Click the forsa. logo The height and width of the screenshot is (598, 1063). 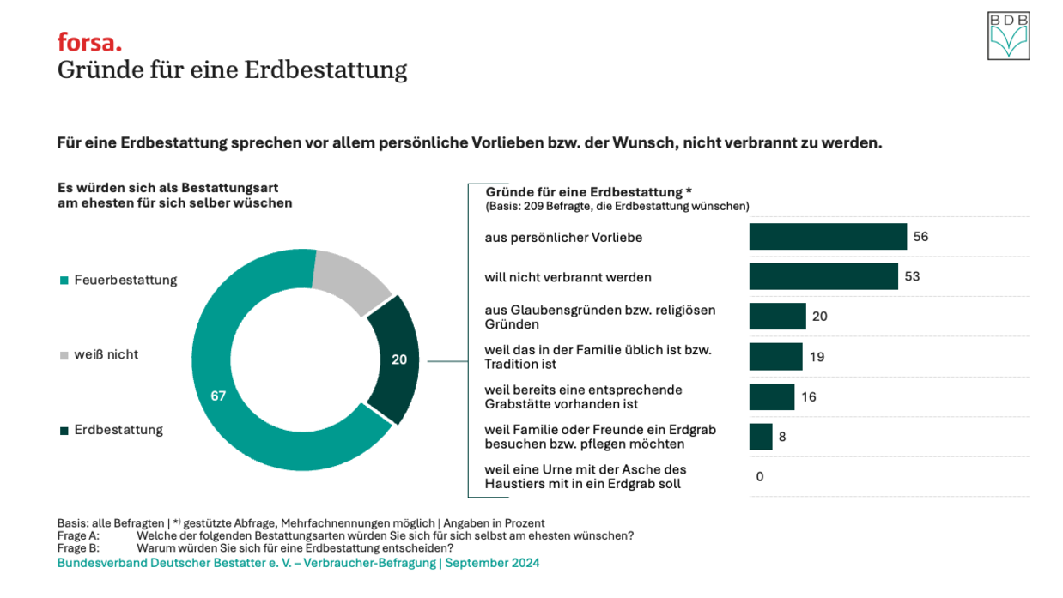click(x=89, y=42)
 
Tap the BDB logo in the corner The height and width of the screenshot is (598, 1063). click(x=1008, y=36)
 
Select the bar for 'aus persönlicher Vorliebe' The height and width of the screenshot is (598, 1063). click(x=828, y=237)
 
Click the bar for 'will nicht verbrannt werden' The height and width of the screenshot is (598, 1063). click(x=823, y=276)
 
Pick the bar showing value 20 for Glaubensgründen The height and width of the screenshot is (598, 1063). click(x=777, y=317)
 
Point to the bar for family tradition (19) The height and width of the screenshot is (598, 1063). click(x=775, y=356)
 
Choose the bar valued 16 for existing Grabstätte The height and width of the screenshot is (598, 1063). click(x=771, y=396)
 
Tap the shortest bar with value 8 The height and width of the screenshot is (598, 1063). click(x=761, y=437)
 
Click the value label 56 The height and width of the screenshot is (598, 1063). click(x=920, y=237)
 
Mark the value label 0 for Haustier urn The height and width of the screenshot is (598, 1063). click(x=760, y=477)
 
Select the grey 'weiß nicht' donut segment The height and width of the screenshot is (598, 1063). click(x=350, y=280)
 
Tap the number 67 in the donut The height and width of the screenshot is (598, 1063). click(x=218, y=396)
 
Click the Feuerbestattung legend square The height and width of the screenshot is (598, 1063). click(x=64, y=281)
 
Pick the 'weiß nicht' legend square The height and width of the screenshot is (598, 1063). click(x=64, y=355)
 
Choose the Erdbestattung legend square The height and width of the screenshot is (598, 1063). click(x=64, y=431)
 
